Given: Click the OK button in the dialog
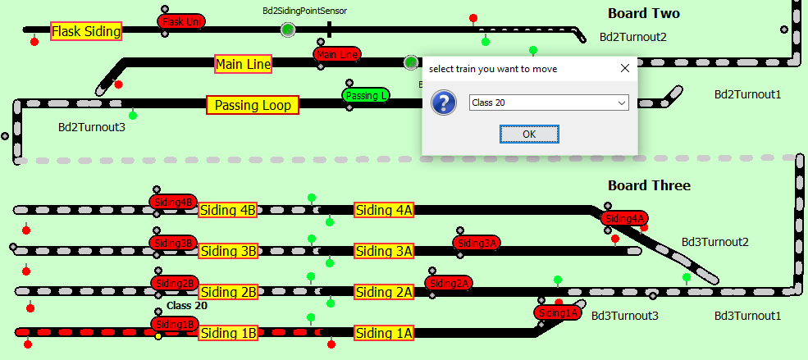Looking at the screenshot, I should pos(529,134).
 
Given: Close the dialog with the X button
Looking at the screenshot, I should pos(624,69).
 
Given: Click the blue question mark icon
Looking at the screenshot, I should pos(444,103).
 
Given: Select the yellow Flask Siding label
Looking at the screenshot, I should pos(86,32).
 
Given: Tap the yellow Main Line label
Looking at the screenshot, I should pos(243,64).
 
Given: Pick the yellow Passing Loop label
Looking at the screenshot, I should pos(252,105).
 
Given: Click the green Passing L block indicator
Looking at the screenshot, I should pos(365,95).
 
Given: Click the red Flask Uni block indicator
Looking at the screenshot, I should pos(181,21).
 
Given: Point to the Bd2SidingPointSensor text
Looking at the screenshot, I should pos(304,11).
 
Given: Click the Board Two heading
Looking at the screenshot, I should pos(643,14).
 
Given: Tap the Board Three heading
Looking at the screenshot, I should pos(649,185).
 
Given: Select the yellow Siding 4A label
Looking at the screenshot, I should pos(384,210).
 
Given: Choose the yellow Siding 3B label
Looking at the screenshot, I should pos(228,251).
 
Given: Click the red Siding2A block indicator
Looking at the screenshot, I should pos(448,284).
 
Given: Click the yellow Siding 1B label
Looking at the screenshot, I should pos(228,333).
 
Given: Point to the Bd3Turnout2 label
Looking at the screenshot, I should pos(714,242).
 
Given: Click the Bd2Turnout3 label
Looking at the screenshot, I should pos(91,127).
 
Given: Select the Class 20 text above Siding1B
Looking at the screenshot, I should pos(187,306).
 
